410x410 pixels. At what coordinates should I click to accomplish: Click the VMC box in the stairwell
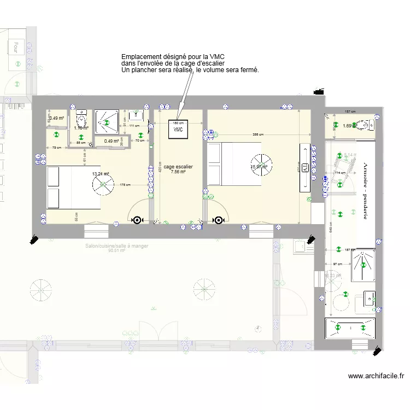178,130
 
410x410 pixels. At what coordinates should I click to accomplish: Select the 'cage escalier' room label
178,166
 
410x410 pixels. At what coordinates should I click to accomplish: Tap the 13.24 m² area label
101,174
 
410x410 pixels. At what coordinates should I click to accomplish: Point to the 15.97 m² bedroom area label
258,167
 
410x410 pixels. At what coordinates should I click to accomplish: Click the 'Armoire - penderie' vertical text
365,191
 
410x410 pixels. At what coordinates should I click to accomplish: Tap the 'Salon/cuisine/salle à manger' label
116,246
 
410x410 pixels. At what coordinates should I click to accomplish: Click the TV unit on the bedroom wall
304,167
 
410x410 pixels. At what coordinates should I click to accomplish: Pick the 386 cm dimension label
258,134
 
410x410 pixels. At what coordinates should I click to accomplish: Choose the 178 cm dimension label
125,185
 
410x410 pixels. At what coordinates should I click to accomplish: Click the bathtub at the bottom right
350,328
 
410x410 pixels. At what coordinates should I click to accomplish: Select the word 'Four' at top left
16,47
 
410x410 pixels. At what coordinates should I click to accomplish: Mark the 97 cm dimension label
338,265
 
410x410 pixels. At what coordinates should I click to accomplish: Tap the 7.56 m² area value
178,172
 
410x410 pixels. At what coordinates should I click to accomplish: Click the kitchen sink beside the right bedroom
300,248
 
